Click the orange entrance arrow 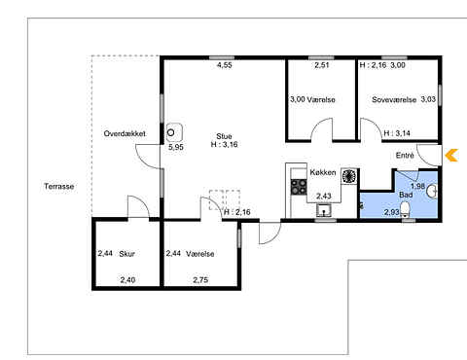point(451,155)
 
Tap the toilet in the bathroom point(406,209)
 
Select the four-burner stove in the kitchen point(299,187)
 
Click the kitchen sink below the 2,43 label point(324,210)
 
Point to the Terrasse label point(59,186)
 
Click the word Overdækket point(125,133)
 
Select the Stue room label point(224,136)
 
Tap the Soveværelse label point(394,99)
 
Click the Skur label point(126,254)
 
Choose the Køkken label point(323,172)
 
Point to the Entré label point(405,156)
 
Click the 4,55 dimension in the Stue point(225,65)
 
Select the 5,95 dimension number point(176,147)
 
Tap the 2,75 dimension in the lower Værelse point(200,279)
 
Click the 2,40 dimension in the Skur point(127,279)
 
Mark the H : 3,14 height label point(397,133)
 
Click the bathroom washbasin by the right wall point(432,191)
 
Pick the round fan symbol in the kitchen point(349,176)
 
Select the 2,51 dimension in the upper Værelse point(322,65)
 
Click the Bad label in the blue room point(406,195)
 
